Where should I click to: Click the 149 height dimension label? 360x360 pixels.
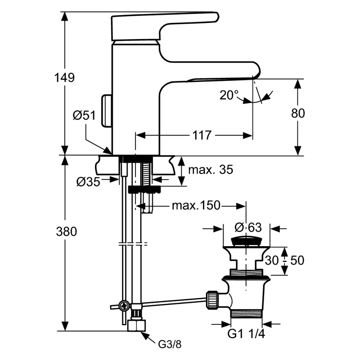click(64, 77)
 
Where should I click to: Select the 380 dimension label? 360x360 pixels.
click(66, 231)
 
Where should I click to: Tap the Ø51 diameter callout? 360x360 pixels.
click(84, 115)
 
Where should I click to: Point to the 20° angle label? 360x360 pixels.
click(229, 95)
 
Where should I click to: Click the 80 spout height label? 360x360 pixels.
click(298, 113)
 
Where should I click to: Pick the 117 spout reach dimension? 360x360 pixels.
click(202, 135)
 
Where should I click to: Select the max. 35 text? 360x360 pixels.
click(211, 170)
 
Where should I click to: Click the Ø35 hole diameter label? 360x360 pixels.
click(88, 182)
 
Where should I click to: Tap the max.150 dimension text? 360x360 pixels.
click(196, 206)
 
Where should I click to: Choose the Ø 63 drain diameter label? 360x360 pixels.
click(248, 227)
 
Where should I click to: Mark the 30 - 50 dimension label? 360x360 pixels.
click(284, 260)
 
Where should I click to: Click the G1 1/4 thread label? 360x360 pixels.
click(246, 333)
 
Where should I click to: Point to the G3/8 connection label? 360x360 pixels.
click(170, 344)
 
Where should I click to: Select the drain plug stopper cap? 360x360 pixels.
click(246, 242)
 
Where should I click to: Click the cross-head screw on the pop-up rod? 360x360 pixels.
click(124, 306)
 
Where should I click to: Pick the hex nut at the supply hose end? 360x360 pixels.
click(137, 325)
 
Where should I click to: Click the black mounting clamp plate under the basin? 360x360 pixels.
click(144, 189)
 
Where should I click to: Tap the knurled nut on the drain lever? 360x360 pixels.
click(212, 300)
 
